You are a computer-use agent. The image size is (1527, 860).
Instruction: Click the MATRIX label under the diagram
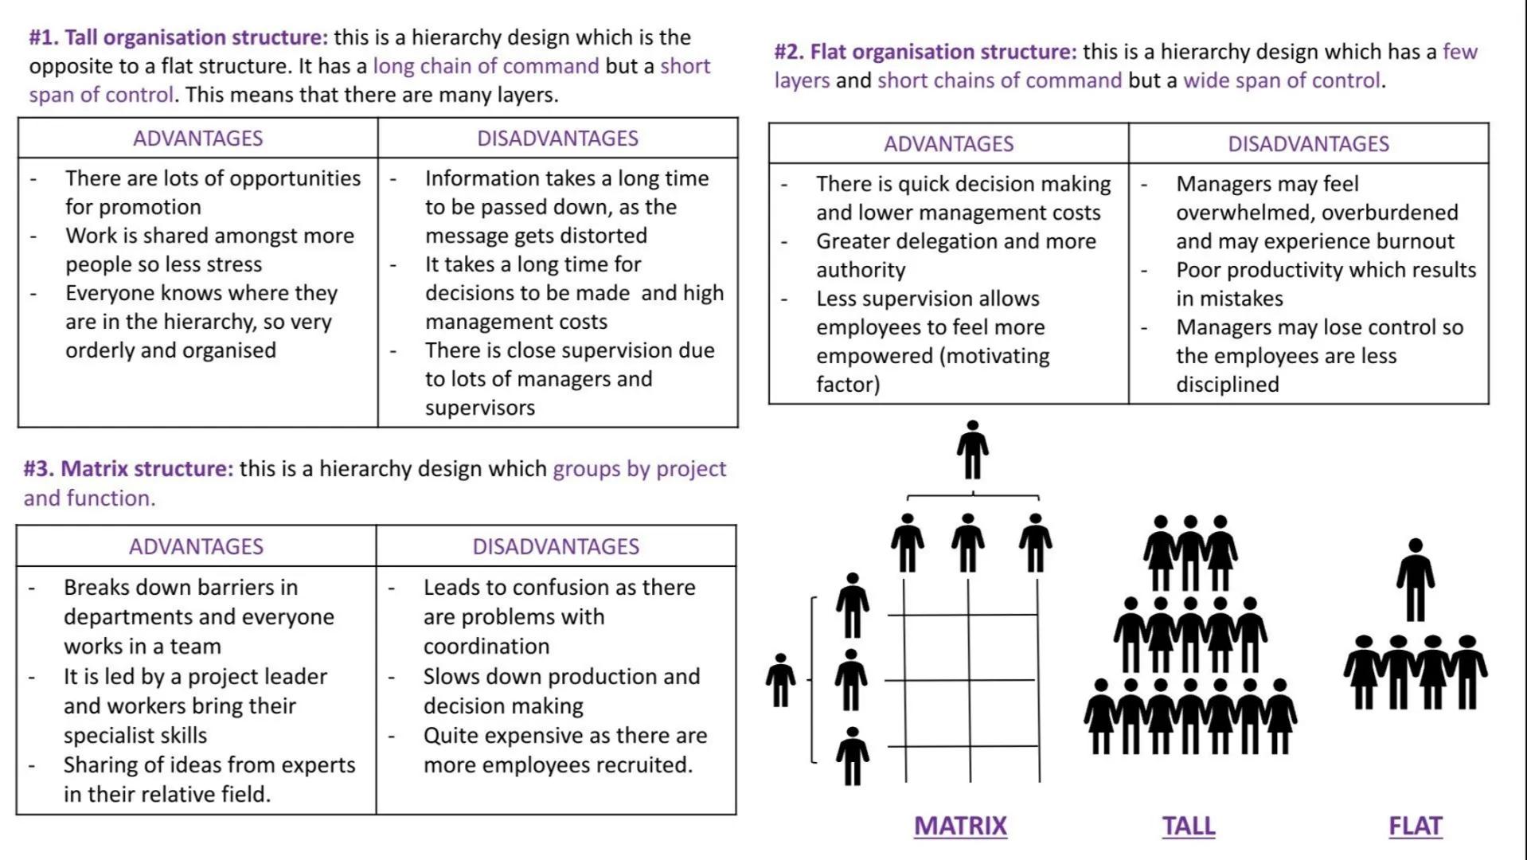point(960,826)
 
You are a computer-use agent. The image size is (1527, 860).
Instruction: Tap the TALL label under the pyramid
point(1188,826)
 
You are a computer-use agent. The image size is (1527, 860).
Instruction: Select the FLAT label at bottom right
point(1415,826)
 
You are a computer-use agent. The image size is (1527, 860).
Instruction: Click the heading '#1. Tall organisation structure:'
point(178,37)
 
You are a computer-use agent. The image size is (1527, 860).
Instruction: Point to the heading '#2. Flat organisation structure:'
point(925,52)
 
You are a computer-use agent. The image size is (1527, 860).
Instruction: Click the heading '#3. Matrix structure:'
point(128,468)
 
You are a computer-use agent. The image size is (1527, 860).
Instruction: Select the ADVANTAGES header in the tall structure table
point(197,139)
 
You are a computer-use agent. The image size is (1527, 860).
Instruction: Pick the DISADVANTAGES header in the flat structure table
point(1308,144)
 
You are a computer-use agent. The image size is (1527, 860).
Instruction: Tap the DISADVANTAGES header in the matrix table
point(556,546)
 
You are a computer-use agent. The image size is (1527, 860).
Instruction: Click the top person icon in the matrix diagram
point(972,450)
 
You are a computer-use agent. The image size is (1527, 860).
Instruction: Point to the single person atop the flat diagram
point(1415,580)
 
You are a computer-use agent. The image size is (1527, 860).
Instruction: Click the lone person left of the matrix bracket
point(780,680)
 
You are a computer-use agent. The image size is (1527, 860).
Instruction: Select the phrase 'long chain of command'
point(486,66)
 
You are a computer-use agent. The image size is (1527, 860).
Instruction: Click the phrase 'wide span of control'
point(1282,80)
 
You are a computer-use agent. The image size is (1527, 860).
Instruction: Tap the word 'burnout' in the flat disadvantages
point(1415,241)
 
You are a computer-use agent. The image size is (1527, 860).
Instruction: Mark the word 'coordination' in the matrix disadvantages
point(486,646)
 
